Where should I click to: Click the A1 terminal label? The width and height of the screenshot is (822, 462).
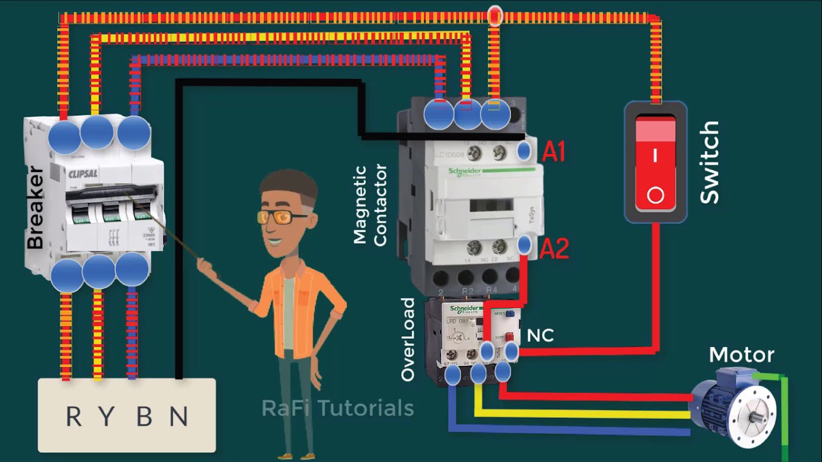554,151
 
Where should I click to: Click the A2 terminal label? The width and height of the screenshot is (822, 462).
554,248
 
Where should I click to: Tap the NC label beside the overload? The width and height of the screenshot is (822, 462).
540,336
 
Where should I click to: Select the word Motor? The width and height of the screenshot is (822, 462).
741,355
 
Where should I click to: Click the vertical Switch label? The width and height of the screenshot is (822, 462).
709,163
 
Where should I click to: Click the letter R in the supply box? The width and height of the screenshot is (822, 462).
74,417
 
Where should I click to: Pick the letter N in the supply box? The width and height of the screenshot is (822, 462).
179,417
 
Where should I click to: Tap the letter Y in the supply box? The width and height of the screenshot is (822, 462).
107,417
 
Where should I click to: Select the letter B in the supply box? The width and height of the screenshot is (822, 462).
144,417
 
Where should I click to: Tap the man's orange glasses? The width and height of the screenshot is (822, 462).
283,217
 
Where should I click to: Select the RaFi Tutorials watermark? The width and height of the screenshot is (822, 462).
337,408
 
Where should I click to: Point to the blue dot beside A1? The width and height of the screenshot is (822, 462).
524,151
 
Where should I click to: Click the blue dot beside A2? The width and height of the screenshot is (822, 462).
524,244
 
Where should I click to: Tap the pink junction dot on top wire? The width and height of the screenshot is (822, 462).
494,16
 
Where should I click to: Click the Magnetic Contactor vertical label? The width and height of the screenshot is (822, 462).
371,205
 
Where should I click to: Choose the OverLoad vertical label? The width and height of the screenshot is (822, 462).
408,339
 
